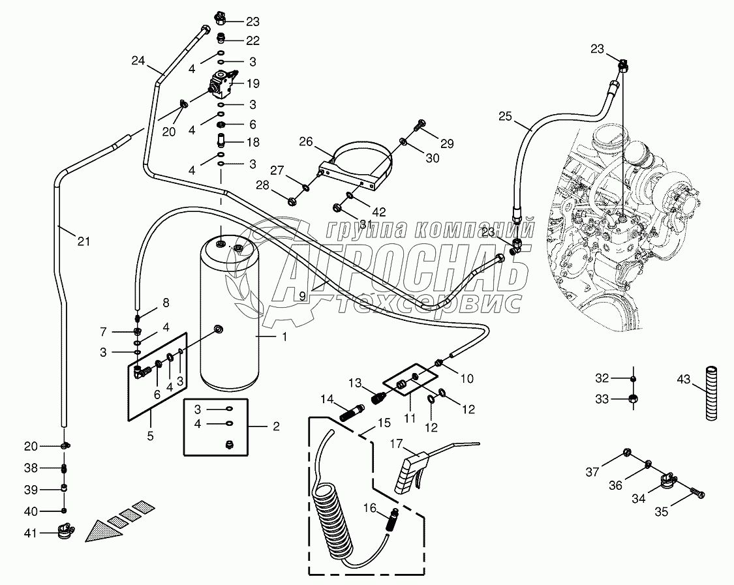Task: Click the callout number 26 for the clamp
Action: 307,142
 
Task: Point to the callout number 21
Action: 83,241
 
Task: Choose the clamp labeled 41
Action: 65,533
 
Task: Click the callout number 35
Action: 662,513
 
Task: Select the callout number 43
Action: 683,378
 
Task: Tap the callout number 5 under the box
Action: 150,436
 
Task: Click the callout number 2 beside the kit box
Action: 276,427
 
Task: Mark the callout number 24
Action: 138,61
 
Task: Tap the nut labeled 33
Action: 632,399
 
